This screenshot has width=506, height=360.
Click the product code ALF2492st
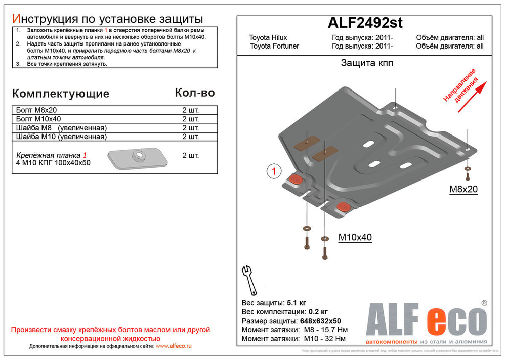[x=365, y=23]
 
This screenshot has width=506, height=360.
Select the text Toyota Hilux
[x=268, y=38]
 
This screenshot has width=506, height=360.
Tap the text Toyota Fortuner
[x=274, y=46]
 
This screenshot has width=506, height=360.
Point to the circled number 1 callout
[x=273, y=172]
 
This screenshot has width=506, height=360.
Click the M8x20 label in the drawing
[x=463, y=190]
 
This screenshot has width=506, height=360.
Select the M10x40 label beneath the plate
[x=355, y=237]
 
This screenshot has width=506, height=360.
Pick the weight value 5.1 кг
[x=297, y=303]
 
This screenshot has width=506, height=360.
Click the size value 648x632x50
[x=319, y=321]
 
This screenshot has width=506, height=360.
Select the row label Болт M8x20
[x=36, y=110]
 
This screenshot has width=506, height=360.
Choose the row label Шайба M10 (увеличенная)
[x=61, y=137]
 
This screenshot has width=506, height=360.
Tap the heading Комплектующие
[x=60, y=94]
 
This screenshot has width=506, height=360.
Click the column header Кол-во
[x=194, y=93]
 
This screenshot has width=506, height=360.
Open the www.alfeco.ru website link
[x=174, y=346]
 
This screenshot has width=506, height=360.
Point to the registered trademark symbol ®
[x=484, y=303]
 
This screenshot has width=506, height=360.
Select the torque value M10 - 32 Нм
[x=325, y=338]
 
